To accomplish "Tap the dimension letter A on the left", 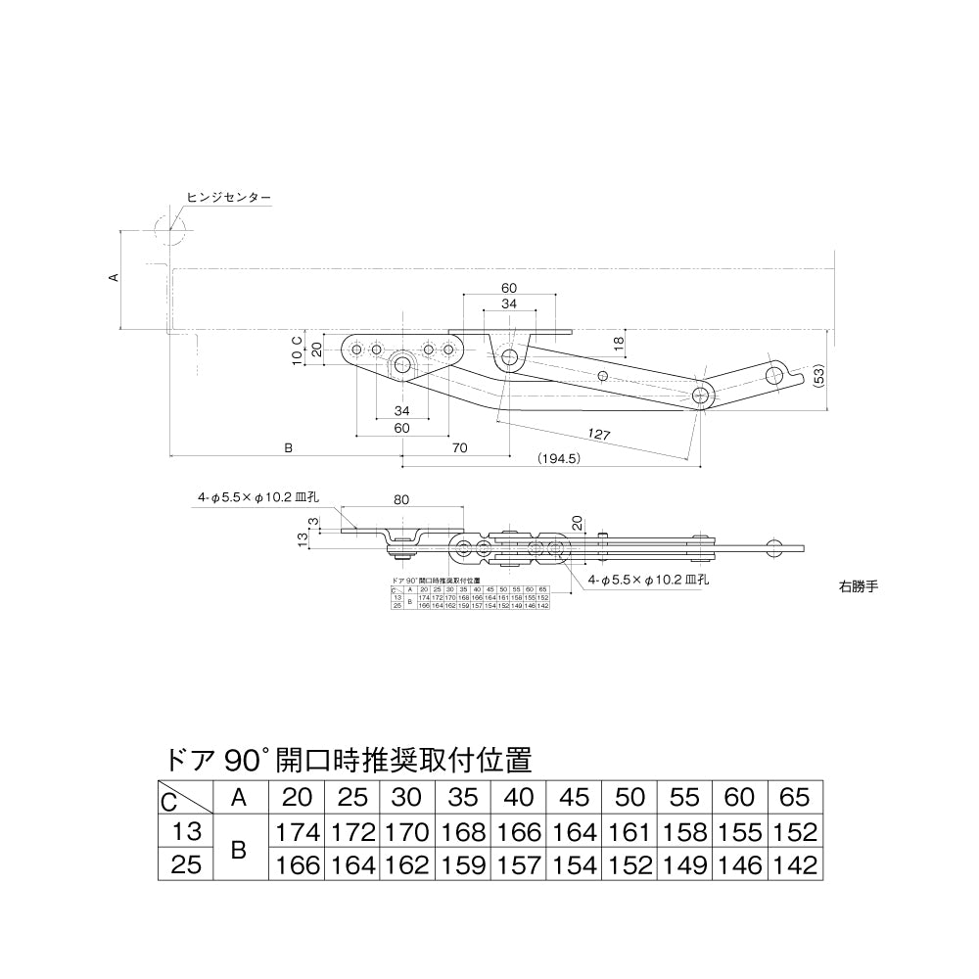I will point(114,278).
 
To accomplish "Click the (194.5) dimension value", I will point(560,458).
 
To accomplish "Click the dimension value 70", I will point(459,447).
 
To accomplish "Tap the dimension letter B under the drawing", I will point(288,447).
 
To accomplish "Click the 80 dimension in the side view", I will point(400,499).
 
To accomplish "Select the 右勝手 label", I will point(860,587).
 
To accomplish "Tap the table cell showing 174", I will point(299,833).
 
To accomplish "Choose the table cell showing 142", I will point(794,865).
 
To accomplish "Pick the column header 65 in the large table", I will point(794,798).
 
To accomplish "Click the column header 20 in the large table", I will point(299,798).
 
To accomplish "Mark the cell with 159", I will point(463,865).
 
